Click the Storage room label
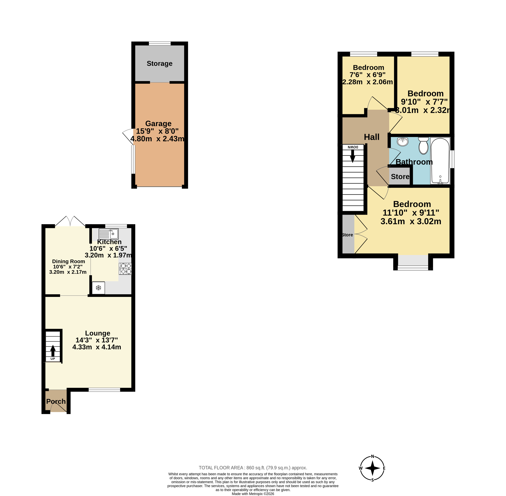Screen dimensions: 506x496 (x=159, y=64)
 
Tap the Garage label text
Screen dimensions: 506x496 (x=158, y=123)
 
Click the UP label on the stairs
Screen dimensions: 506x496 (x=53, y=359)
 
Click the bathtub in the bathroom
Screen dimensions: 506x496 (x=440, y=161)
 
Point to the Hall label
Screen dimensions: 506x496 (x=372, y=137)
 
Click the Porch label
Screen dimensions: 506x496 (x=56, y=401)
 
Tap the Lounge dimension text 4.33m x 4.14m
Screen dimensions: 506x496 (x=97, y=347)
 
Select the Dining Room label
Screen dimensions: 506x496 (x=69, y=261)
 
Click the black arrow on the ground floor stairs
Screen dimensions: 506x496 (x=53, y=351)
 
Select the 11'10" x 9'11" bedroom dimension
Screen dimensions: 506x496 (x=411, y=213)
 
